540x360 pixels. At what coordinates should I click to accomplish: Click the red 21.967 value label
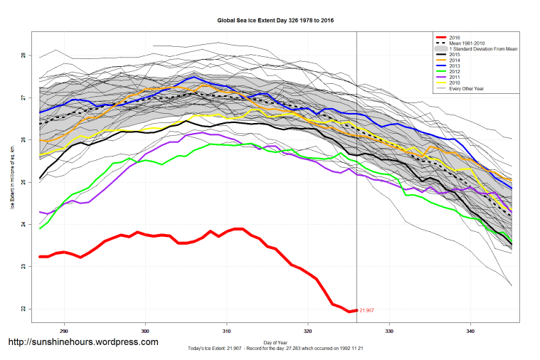click(366, 311)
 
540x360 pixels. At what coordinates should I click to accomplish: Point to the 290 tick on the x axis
click(64, 331)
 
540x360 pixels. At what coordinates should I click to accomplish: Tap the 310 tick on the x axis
click(227, 331)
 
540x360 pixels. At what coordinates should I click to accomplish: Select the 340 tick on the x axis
click(470, 331)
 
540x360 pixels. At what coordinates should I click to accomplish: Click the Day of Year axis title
click(275, 342)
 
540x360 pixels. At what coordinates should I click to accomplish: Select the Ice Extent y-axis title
click(12, 181)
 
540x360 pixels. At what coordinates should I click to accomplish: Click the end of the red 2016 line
click(356, 310)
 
